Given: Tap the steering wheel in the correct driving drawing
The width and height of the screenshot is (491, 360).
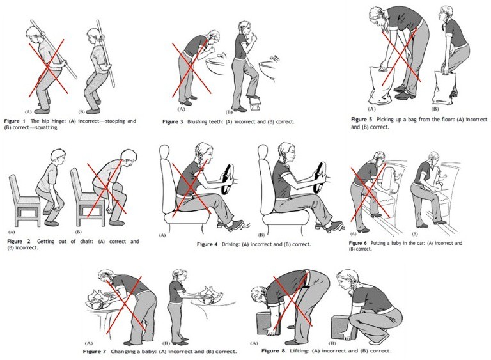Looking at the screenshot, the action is click(x=320, y=178).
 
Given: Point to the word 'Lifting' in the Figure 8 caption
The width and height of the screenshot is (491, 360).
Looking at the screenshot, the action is click(x=298, y=350).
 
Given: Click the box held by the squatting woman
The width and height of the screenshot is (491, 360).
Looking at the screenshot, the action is click(x=342, y=327).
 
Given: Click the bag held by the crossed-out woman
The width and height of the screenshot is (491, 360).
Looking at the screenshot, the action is click(x=379, y=84).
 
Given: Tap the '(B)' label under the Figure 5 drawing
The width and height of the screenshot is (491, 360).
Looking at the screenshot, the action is click(x=435, y=109).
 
